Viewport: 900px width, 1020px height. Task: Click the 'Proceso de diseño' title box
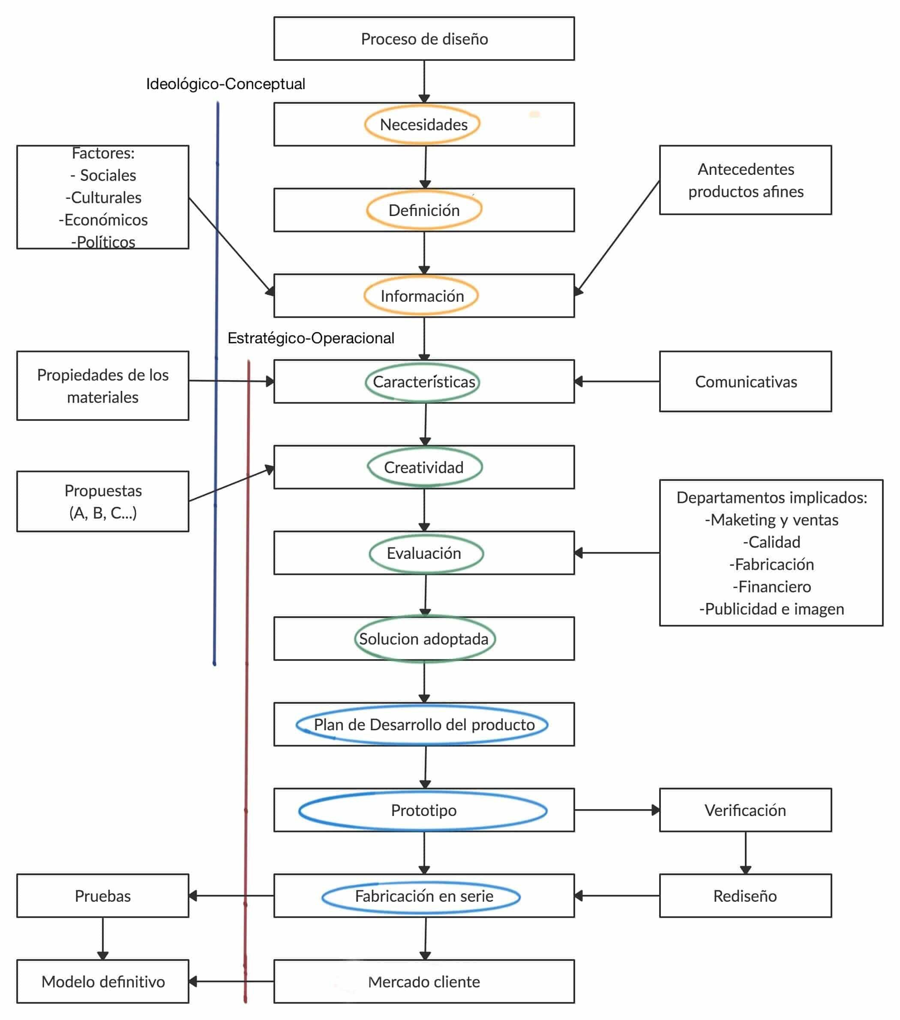click(x=423, y=39)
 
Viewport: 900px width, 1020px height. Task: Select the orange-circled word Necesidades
click(x=423, y=124)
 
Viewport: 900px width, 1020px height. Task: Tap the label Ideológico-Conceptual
click(x=225, y=84)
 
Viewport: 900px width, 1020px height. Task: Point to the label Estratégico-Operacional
click(x=310, y=338)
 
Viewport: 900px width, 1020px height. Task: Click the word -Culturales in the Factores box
click(x=104, y=198)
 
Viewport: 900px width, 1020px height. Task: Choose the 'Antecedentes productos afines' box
click(x=745, y=180)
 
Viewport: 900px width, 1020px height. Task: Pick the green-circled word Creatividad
click(x=423, y=467)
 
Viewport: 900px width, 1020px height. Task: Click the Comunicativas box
click(x=745, y=382)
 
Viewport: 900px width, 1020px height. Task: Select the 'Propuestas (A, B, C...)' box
click(x=103, y=501)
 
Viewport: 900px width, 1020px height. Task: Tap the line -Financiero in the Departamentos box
click(x=771, y=586)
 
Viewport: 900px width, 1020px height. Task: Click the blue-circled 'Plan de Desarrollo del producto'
click(x=423, y=725)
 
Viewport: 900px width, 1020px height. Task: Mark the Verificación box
click(x=745, y=810)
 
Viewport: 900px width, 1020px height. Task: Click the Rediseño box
click(x=745, y=896)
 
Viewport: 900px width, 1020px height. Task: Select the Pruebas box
click(x=103, y=896)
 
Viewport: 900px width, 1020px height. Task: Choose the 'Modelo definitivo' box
click(x=103, y=981)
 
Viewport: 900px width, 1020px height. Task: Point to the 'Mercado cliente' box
click(x=423, y=981)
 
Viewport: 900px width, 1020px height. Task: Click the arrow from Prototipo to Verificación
click(x=617, y=810)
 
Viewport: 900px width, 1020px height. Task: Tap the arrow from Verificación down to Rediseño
click(x=745, y=852)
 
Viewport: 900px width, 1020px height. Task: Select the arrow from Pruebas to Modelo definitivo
click(x=103, y=938)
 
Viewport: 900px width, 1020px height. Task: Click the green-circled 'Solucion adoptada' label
click(x=423, y=639)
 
